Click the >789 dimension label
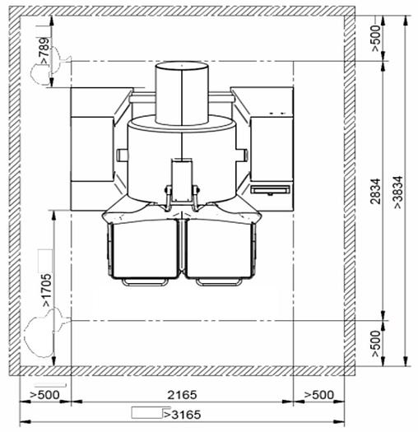point(44,51)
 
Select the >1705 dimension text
point(46,290)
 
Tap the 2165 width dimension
point(182,395)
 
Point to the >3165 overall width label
point(182,415)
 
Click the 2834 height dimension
point(375,191)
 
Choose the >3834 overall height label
point(398,192)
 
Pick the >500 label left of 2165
point(44,395)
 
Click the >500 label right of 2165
point(318,395)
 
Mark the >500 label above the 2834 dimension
point(376,38)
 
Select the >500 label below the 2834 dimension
point(376,344)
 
